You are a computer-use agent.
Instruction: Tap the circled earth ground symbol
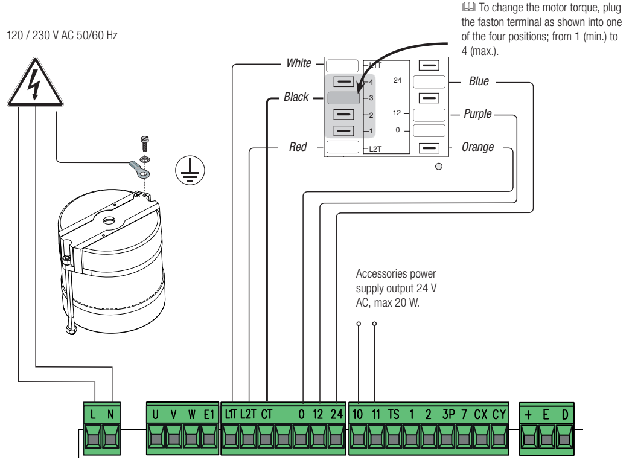click(190, 170)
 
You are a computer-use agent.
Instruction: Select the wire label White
click(299, 63)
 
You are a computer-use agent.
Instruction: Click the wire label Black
click(296, 97)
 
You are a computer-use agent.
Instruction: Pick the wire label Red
click(298, 147)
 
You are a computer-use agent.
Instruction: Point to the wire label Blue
click(479, 81)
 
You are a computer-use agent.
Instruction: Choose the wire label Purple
click(477, 114)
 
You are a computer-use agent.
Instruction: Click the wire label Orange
click(478, 147)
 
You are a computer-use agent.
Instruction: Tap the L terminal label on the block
click(93, 414)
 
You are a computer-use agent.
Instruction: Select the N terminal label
click(110, 414)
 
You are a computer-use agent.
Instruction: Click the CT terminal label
click(267, 414)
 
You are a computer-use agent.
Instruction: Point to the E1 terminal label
click(209, 414)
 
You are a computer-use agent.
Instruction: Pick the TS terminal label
click(394, 414)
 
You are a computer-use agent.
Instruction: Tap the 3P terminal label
click(448, 414)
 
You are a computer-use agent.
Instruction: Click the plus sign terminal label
click(528, 415)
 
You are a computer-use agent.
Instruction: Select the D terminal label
click(565, 414)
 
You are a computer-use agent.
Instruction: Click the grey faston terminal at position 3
click(343, 98)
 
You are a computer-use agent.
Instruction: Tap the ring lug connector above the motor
click(139, 170)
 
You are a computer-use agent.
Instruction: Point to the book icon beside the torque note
click(468, 7)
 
